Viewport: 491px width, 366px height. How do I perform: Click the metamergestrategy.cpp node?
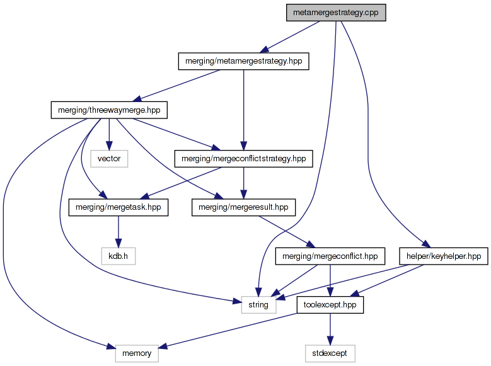[x=335, y=13]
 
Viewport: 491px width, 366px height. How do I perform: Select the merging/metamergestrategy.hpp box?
[x=243, y=62]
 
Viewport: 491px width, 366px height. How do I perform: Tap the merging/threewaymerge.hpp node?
[x=109, y=110]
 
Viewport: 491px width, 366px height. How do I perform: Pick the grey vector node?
[x=109, y=158]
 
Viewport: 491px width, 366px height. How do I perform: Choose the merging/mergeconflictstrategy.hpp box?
[x=243, y=158]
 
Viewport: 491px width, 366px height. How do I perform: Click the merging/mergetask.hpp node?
[x=118, y=207]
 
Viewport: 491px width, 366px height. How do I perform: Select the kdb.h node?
[x=118, y=256]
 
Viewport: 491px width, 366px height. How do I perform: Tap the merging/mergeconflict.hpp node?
[x=331, y=256]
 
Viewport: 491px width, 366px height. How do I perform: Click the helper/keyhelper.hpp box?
[x=443, y=256]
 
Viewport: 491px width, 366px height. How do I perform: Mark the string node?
[x=258, y=305]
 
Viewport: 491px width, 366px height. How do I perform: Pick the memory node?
[x=137, y=353]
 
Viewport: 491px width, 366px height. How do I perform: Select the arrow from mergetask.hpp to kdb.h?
[x=118, y=232]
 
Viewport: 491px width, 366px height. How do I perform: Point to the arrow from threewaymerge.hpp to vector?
[x=109, y=134]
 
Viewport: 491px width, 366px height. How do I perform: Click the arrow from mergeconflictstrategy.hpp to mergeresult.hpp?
[x=244, y=183]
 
